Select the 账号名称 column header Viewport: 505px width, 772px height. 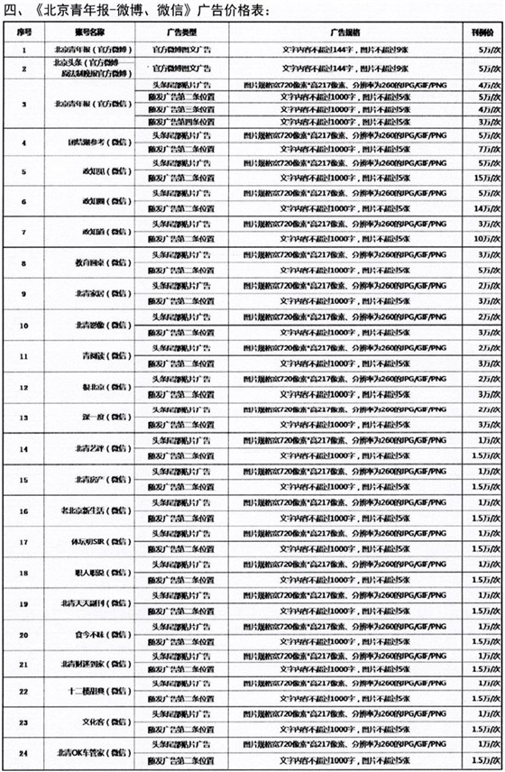coord(87,30)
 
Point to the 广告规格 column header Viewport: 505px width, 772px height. coord(346,30)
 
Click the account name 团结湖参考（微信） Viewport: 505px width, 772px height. coord(87,142)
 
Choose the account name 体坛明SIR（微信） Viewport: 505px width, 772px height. coord(87,541)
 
